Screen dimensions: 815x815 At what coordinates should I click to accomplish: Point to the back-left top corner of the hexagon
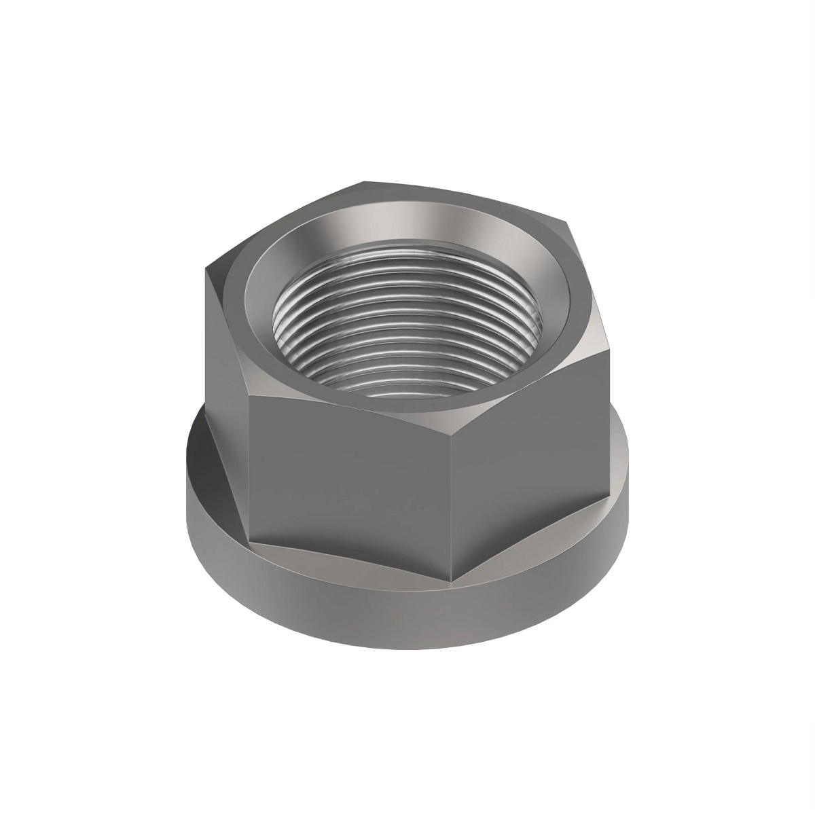point(363,182)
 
